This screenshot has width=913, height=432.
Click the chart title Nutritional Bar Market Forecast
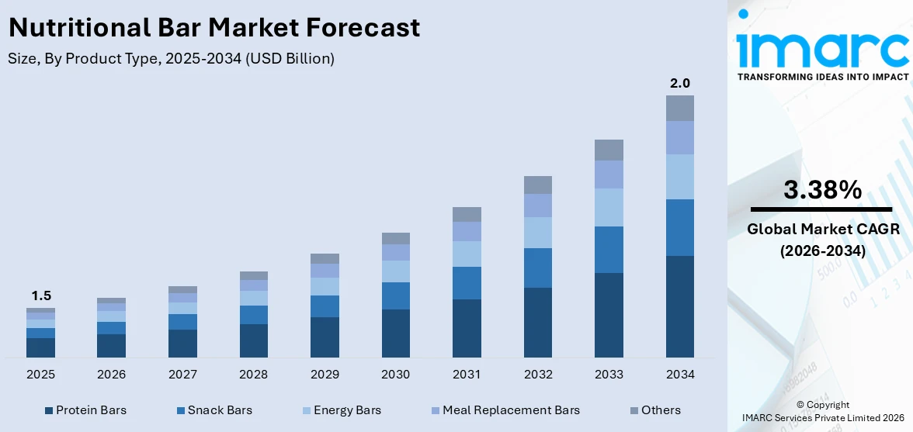point(214,28)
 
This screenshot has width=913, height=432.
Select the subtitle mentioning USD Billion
point(172,59)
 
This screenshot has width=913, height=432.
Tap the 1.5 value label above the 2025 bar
point(40,295)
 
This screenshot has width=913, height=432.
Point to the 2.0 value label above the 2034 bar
point(680,83)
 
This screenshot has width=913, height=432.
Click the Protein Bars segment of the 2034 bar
point(680,306)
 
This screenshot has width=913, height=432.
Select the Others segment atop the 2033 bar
point(609,150)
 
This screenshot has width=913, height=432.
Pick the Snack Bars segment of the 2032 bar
point(537,268)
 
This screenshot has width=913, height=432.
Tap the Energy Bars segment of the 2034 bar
point(680,177)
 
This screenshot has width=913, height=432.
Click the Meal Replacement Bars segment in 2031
point(467,231)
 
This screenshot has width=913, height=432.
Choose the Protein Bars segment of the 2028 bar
point(254,340)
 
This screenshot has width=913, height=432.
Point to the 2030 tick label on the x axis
point(395,375)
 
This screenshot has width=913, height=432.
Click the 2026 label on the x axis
point(111,375)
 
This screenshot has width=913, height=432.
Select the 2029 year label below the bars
point(325,375)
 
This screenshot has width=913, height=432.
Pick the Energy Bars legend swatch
point(307,410)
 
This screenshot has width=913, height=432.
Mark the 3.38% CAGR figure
point(822,190)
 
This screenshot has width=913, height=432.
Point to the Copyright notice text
point(822,405)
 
